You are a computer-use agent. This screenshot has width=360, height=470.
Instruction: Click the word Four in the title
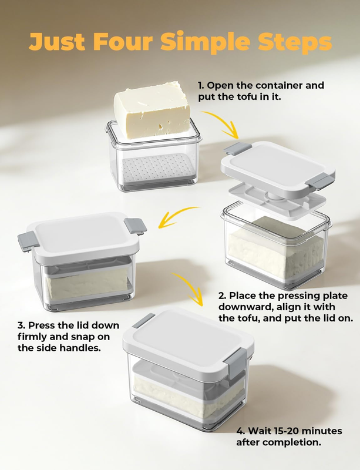pyautogui.click(x=123, y=41)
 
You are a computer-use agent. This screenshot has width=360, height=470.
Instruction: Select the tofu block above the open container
pyautogui.click(x=153, y=109)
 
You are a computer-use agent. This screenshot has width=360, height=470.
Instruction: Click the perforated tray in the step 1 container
pyautogui.click(x=158, y=167)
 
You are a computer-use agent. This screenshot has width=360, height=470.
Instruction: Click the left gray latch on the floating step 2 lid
pyautogui.click(x=238, y=149)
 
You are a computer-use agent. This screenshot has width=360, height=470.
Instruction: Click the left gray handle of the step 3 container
pyautogui.click(x=28, y=241)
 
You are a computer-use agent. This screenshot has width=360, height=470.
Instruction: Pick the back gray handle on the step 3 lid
pyautogui.click(x=135, y=226)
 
